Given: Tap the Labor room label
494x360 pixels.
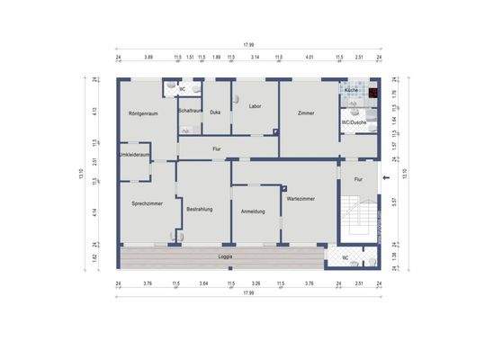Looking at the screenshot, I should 255,105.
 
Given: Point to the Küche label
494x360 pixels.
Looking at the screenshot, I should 351,92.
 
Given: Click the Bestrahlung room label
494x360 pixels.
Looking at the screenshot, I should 199,209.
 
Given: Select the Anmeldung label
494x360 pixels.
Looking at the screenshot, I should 253,211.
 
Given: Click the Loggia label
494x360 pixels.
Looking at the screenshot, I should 227,257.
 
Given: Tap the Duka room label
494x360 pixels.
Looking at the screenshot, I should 215,112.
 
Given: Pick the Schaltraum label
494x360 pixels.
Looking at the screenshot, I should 190,110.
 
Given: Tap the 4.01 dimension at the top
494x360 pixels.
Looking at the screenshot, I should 309,57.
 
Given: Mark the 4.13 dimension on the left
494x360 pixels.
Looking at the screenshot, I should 96,112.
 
